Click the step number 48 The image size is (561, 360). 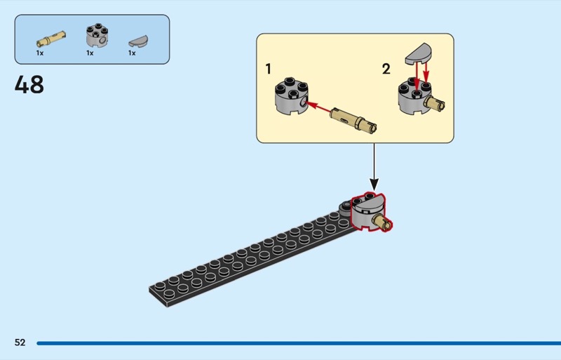click(29, 85)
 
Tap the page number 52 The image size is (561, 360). click(20, 342)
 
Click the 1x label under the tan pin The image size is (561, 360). click(40, 53)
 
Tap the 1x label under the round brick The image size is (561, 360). click(90, 53)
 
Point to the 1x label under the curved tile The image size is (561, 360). click(131, 53)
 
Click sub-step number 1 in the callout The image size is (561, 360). click(269, 69)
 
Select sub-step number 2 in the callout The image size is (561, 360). click(386, 69)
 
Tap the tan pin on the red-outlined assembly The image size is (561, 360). click(384, 222)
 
